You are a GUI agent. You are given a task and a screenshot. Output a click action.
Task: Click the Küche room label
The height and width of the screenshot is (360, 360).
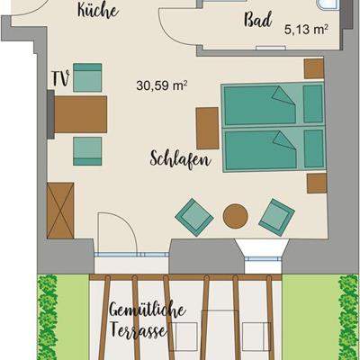click(98, 11)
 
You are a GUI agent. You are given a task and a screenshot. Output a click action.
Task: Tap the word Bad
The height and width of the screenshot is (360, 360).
click(258, 20)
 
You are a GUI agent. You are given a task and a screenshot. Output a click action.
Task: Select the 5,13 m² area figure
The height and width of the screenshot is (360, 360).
click(306, 30)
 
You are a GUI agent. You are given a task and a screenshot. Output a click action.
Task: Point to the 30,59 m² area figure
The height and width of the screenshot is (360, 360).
click(162, 85)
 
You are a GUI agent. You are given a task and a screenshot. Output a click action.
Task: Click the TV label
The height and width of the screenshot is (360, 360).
click(61, 78)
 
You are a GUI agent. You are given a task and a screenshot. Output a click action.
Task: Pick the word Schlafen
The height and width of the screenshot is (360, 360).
click(181, 159)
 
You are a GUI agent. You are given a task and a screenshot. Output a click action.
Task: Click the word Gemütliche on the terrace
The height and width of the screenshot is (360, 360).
click(148, 309)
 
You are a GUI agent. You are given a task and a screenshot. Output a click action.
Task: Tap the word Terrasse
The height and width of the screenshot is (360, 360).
click(139, 329)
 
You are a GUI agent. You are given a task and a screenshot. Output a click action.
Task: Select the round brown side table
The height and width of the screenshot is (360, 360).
click(236, 216)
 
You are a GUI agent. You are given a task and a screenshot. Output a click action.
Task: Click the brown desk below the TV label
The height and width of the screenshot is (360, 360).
click(80, 114)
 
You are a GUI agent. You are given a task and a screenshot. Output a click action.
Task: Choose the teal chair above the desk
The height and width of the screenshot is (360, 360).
click(87, 77)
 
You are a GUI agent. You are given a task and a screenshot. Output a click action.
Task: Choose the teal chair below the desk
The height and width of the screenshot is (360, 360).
click(87, 151)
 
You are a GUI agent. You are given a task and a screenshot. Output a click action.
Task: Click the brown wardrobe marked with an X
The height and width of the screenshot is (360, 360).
click(60, 211)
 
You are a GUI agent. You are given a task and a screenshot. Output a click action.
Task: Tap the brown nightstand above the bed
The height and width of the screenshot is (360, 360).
click(314, 68)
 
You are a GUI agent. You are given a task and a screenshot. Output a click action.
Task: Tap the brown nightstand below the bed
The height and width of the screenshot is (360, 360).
click(317, 183)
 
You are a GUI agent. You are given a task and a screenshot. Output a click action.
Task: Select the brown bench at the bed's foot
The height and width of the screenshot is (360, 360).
click(207, 128)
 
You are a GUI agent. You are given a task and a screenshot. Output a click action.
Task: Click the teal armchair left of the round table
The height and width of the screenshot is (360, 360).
click(194, 217)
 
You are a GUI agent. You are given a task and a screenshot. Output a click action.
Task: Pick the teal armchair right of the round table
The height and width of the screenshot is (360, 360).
click(276, 217)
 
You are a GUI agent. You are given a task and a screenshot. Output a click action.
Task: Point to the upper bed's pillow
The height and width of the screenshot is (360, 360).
click(313, 103)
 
